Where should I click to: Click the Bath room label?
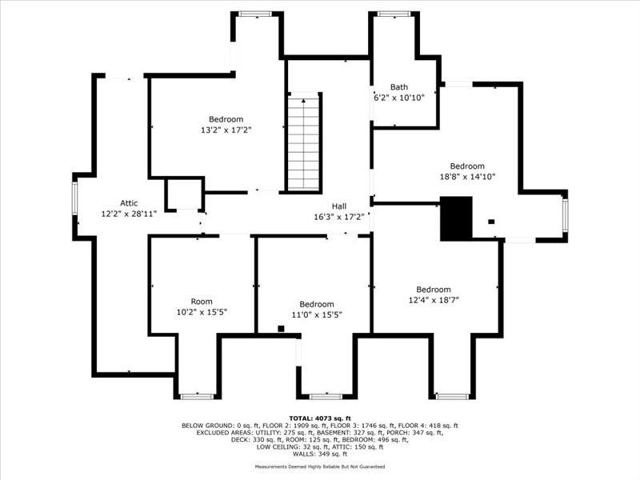click(398, 87)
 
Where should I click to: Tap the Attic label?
click(129, 203)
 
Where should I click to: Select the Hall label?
click(338, 206)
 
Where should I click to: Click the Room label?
click(201, 302)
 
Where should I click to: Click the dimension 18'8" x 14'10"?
click(466, 177)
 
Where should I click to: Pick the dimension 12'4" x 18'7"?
click(433, 300)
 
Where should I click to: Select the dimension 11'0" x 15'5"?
click(317, 314)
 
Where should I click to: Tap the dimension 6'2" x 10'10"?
click(398, 98)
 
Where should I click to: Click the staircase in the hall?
click(304, 143)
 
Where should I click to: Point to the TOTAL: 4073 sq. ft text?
click(319, 418)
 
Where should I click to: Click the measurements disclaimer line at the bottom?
click(319, 466)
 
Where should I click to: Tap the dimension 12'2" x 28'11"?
click(129, 214)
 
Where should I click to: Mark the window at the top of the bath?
click(394, 14)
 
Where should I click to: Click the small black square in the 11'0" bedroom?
click(281, 328)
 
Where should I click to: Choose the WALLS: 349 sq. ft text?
click(319, 454)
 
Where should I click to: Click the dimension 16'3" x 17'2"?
click(339, 216)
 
